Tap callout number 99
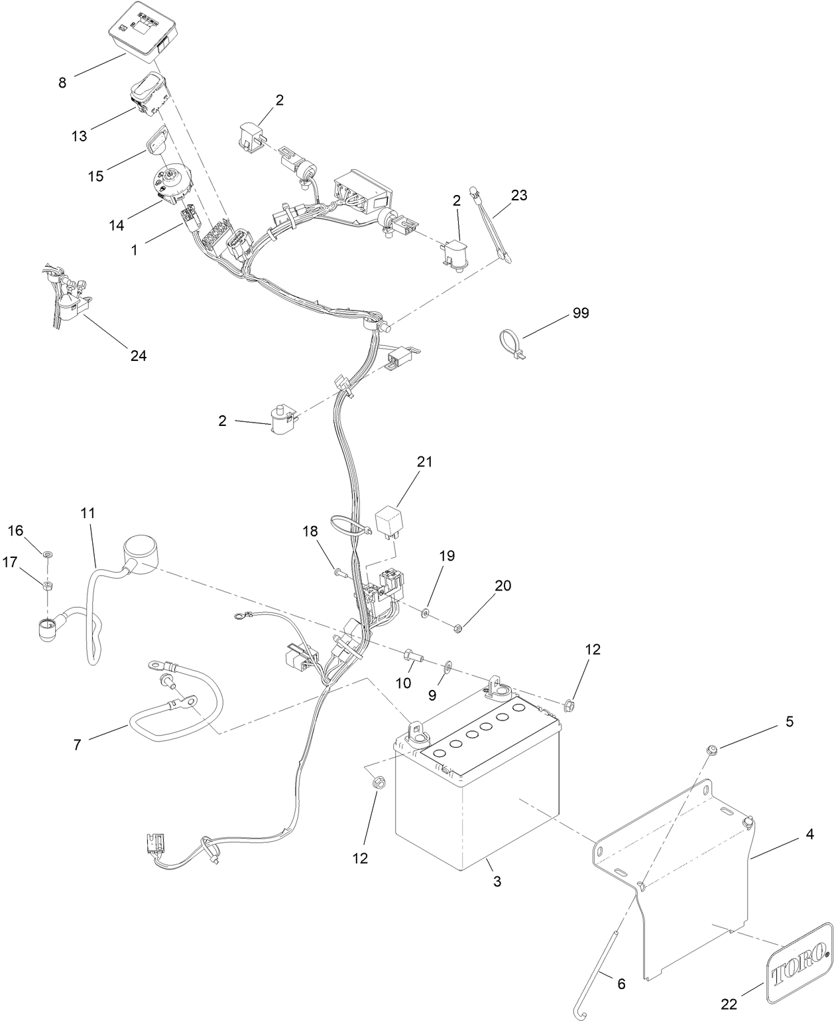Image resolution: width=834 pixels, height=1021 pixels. [580, 313]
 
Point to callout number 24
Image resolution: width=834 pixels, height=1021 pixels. [138, 356]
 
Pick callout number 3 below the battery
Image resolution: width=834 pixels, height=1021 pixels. [497, 882]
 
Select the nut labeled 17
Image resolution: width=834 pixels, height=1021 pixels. [48, 585]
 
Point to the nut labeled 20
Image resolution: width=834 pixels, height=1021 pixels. [457, 627]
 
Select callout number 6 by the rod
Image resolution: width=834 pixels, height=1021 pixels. [621, 984]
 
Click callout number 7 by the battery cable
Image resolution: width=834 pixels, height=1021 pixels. [77, 745]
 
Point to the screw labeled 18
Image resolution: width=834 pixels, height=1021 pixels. [340, 571]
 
